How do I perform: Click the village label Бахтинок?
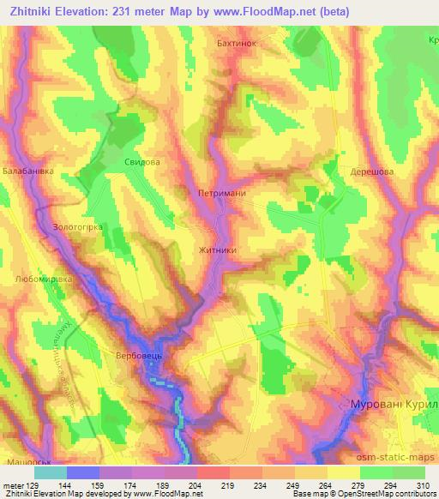(233, 40)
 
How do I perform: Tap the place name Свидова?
(142, 161)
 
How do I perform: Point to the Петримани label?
(221, 193)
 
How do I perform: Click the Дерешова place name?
(371, 171)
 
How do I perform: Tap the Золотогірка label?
(78, 227)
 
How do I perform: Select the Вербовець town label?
(138, 354)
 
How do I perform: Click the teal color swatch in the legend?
(51, 472)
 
